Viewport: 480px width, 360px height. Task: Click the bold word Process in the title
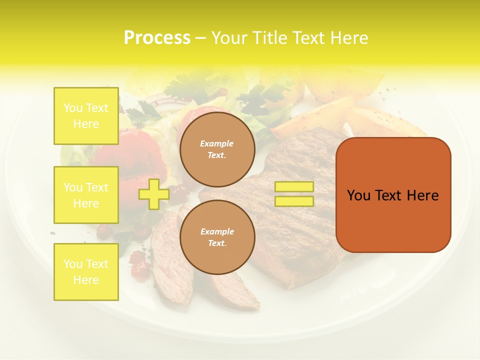pos(157,38)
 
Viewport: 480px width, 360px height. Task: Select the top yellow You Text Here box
pos(86,116)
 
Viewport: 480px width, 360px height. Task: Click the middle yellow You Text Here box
pos(86,195)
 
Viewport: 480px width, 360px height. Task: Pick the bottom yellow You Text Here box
pos(86,272)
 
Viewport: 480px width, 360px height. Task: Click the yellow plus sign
pos(153,194)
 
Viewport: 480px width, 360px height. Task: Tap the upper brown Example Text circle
pos(217,149)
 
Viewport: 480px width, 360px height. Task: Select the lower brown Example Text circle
pos(217,237)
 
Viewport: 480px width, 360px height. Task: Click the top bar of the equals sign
pos(294,187)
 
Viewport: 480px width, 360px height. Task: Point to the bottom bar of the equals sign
pos(294,201)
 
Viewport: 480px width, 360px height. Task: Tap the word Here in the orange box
pos(422,195)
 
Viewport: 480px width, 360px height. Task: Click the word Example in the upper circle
pos(217,144)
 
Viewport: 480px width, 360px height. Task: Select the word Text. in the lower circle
pos(217,243)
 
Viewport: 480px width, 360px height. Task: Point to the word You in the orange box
pos(358,195)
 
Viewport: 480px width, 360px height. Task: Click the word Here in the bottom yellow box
pos(86,280)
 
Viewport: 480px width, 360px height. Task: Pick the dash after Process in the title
pos(200,38)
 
